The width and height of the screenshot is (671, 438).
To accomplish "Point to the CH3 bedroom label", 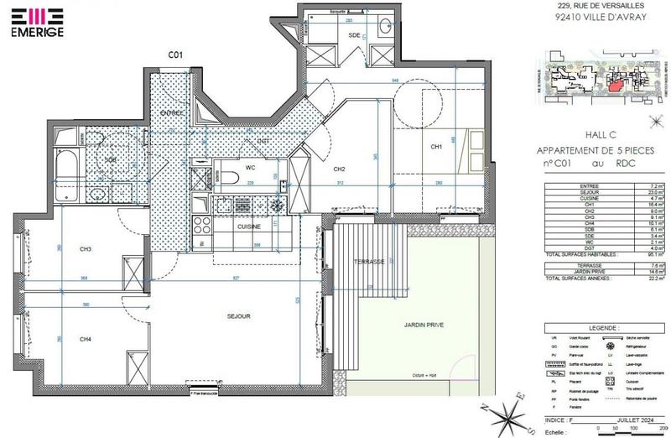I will [x=86, y=249].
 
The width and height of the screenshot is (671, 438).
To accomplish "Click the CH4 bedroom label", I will [x=86, y=339].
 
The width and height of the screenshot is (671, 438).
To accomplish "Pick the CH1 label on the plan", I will [x=436, y=147].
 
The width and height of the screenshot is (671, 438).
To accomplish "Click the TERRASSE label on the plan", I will [x=369, y=262].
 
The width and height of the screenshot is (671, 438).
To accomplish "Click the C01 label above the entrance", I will [x=175, y=55].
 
